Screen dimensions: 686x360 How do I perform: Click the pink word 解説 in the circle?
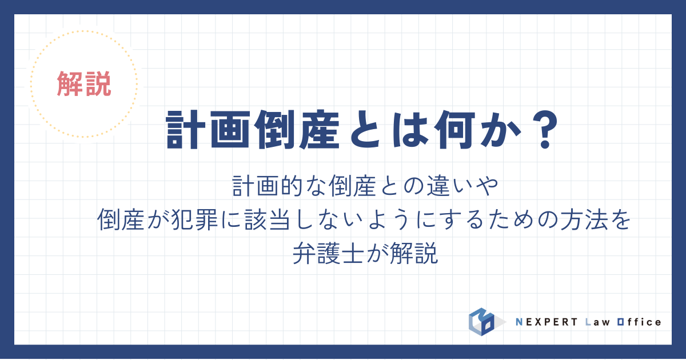[x=84, y=84]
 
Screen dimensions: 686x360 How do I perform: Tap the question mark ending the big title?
[x=545, y=130]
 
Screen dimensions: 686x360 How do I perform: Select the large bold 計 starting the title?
[x=186, y=130]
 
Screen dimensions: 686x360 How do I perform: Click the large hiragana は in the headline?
[x=410, y=130]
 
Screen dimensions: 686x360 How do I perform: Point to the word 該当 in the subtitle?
[x=267, y=220]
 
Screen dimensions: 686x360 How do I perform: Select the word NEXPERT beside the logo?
[x=547, y=322]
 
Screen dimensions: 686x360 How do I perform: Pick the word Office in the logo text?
[x=639, y=322]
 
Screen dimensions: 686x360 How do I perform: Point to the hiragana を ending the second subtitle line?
[x=620, y=220]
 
